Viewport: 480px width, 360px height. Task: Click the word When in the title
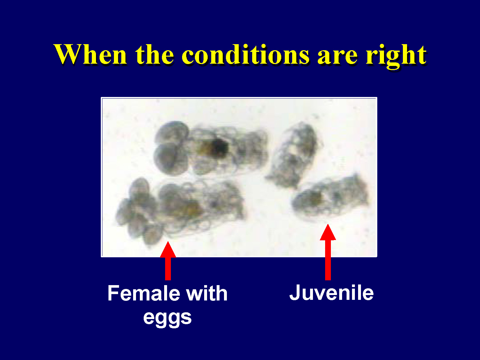click(91, 54)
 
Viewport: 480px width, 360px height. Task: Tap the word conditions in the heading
click(245, 54)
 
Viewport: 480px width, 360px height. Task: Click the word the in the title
click(154, 54)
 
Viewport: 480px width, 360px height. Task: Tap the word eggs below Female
click(167, 318)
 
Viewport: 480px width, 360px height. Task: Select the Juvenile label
click(331, 293)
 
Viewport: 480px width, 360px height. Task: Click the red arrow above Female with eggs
click(168, 260)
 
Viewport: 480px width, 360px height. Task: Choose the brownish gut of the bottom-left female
click(190, 208)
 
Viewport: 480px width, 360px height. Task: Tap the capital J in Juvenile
click(295, 293)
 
